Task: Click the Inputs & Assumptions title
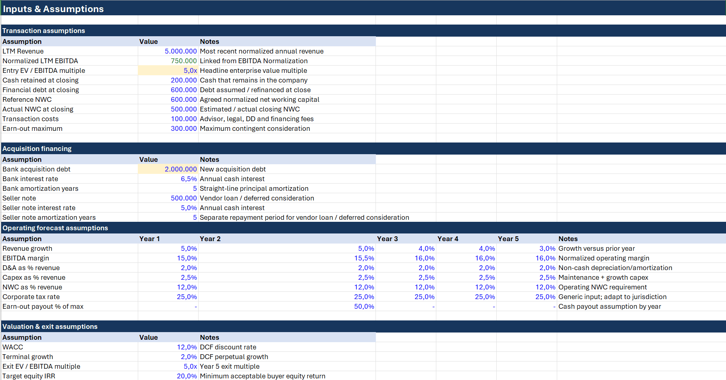tap(53, 9)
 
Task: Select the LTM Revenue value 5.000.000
tap(180, 51)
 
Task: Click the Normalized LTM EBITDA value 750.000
tap(184, 61)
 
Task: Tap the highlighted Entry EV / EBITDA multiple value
tap(190, 70)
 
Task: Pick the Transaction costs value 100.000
tap(184, 119)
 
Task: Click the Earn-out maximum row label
tap(32, 128)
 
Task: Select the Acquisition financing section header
tap(37, 149)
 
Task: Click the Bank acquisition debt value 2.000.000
tap(180, 169)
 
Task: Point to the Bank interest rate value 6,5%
tap(189, 179)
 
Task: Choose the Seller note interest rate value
tap(189, 208)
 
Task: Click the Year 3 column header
tap(387, 239)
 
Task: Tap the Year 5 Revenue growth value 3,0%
tap(547, 248)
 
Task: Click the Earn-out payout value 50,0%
tap(364, 306)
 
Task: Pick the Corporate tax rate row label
tap(31, 297)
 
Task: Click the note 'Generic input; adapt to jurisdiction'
tap(612, 297)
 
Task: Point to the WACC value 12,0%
tap(187, 347)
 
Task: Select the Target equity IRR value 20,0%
tap(187, 376)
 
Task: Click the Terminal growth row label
tap(28, 357)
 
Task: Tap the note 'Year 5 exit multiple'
tap(230, 366)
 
